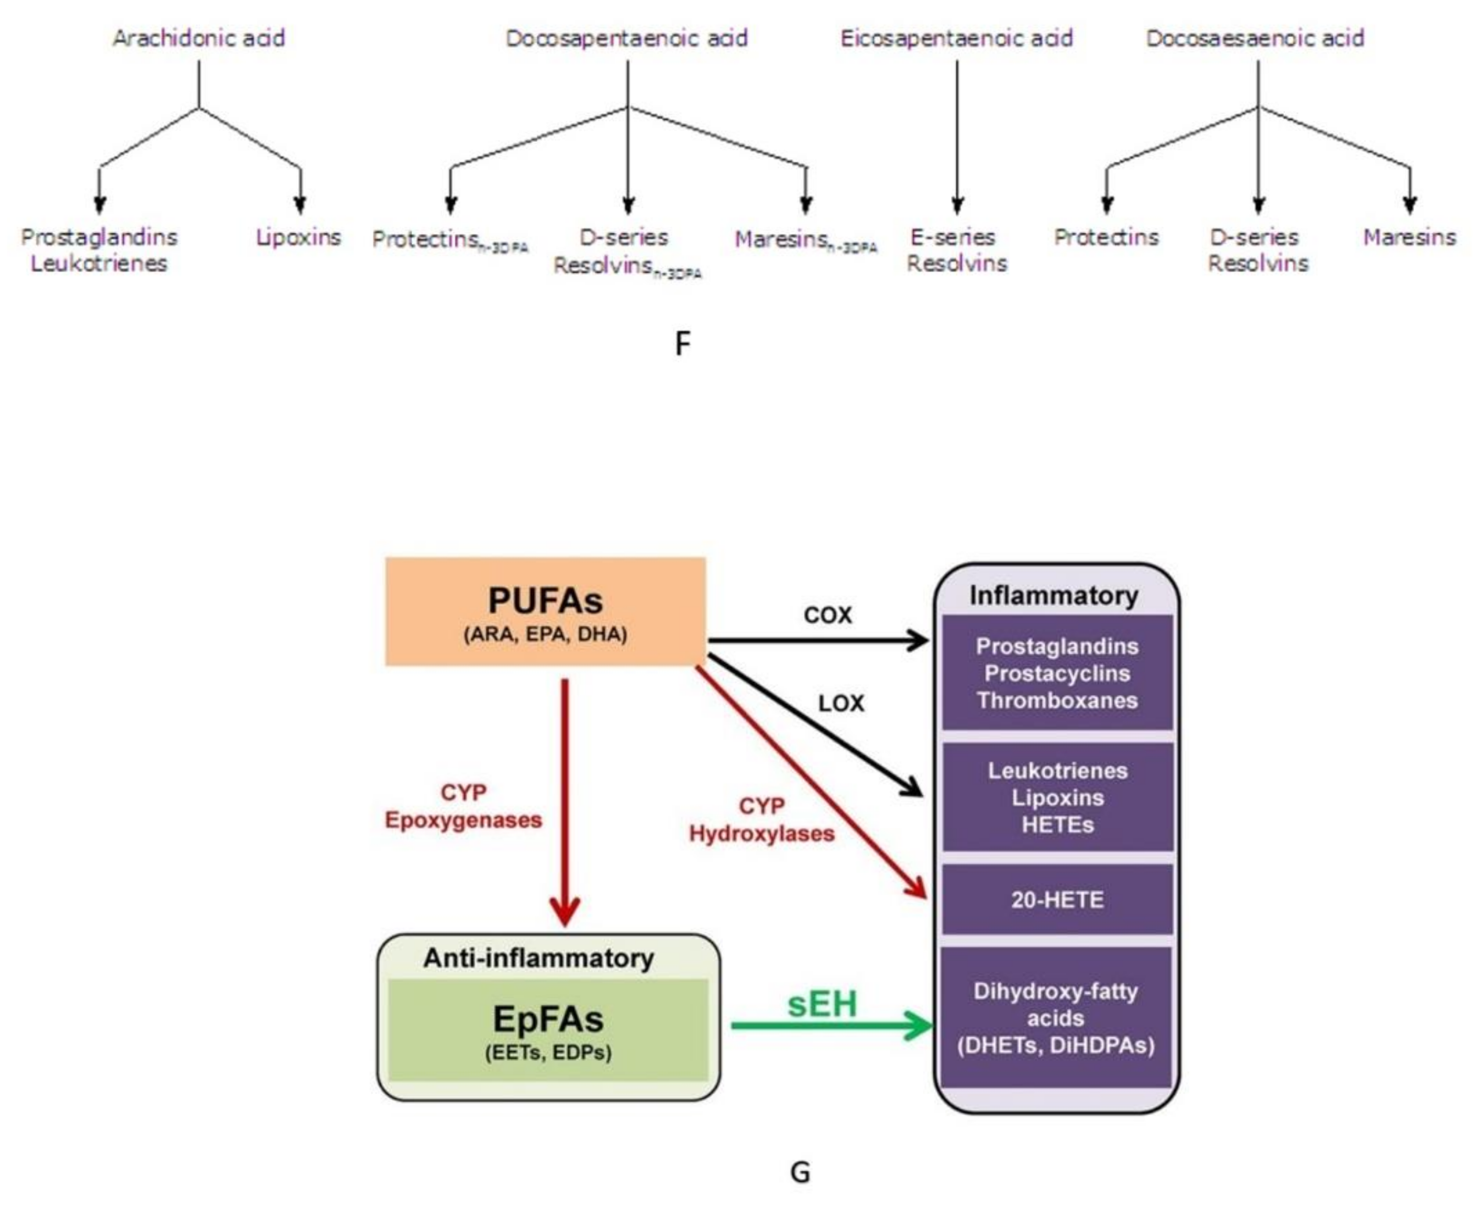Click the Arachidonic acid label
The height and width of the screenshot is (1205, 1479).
(x=199, y=38)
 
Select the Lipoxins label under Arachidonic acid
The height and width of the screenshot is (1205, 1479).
(x=299, y=237)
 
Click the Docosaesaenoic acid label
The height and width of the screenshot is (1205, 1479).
(x=1255, y=38)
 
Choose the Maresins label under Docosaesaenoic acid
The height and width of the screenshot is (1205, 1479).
(x=1409, y=237)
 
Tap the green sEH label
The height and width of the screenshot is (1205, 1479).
(x=822, y=1004)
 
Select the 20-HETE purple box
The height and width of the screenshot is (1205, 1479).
(x=1057, y=900)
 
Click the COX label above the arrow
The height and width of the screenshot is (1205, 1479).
(x=827, y=615)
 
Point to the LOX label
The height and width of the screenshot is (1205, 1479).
(x=841, y=704)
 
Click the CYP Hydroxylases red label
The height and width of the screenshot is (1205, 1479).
(x=762, y=820)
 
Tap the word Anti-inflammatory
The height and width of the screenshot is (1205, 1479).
(x=538, y=958)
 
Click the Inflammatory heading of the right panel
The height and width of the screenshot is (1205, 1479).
(x=1054, y=595)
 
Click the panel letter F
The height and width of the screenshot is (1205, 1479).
(x=683, y=344)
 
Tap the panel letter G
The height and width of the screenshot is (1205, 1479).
(x=800, y=1172)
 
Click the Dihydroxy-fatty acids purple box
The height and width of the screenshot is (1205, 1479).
(x=1056, y=1018)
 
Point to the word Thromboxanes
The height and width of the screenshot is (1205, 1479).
(x=1057, y=701)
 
